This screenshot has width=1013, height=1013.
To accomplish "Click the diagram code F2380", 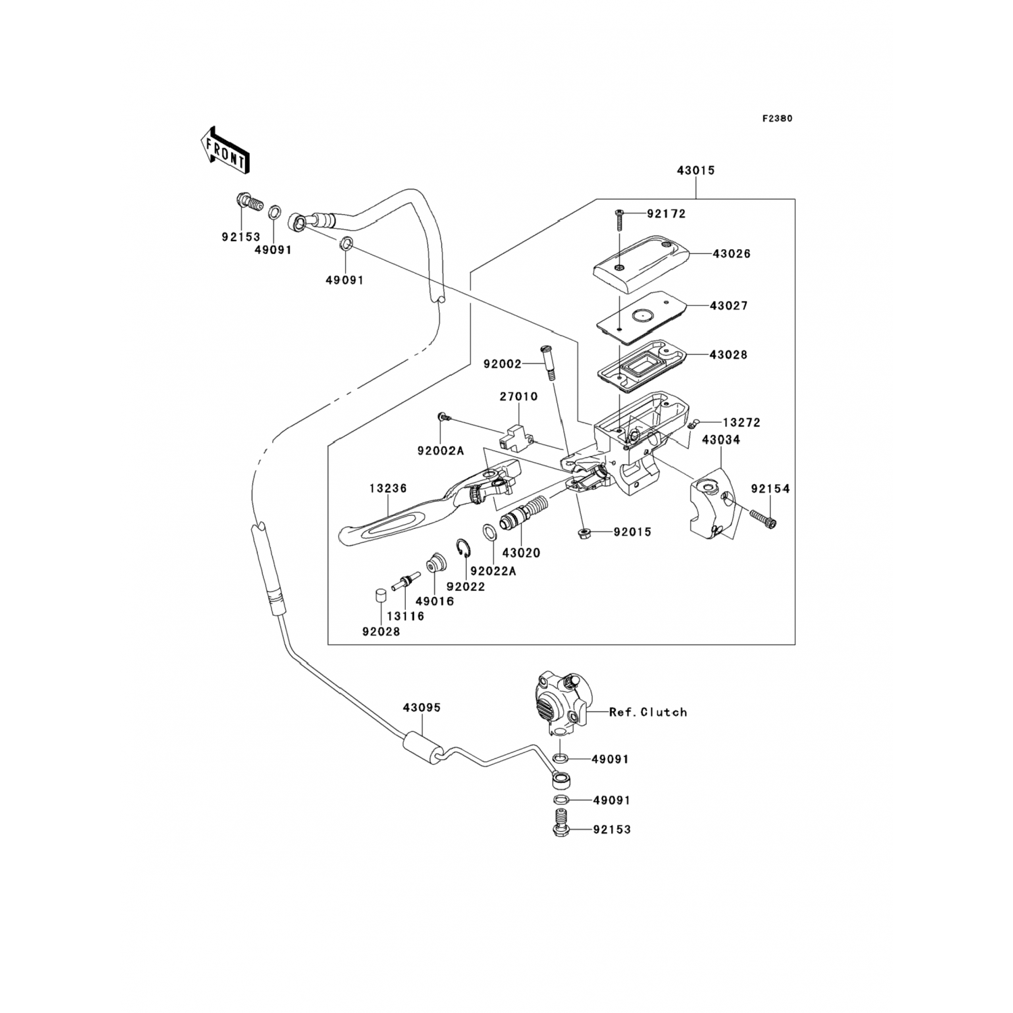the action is (x=777, y=118).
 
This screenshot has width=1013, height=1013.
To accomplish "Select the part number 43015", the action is (x=696, y=170).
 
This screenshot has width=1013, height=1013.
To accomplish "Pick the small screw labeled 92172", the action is (x=619, y=222).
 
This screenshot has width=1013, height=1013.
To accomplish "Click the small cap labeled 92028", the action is (x=381, y=596).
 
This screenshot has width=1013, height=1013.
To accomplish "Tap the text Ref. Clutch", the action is (x=648, y=712).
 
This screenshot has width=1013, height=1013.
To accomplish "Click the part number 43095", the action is (x=421, y=708).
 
